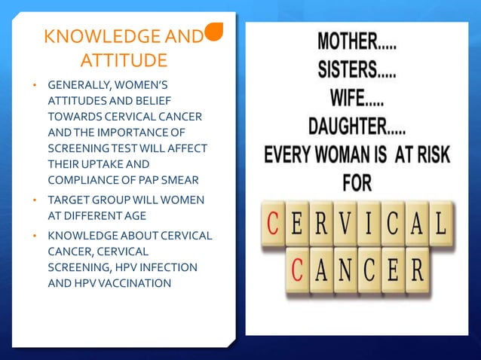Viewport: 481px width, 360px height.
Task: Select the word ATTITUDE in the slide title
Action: [x=124, y=59]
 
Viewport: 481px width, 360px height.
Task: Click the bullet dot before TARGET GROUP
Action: [x=34, y=200]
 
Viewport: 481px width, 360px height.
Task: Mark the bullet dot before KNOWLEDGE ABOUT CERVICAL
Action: [x=34, y=236]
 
